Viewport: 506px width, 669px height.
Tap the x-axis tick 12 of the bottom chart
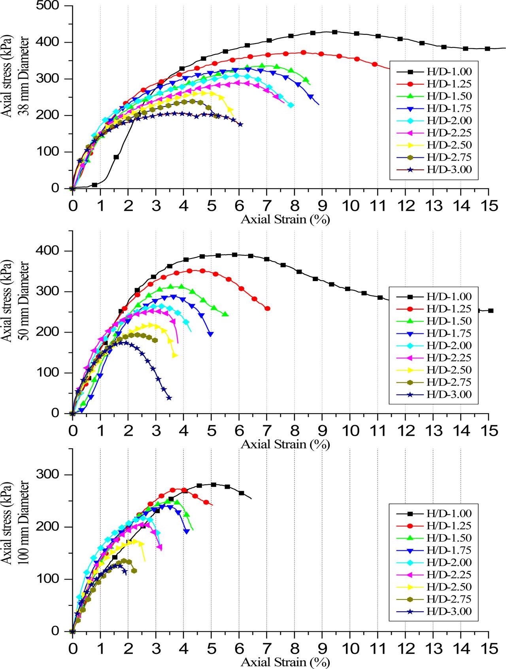(x=405, y=650)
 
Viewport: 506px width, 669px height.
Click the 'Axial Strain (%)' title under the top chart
(x=285, y=219)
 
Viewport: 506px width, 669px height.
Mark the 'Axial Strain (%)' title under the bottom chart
(x=285, y=662)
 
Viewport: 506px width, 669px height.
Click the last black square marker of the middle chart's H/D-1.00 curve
(x=491, y=311)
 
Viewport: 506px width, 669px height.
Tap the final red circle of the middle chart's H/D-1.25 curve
(x=268, y=308)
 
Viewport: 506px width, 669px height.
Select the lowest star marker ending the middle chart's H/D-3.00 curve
(x=169, y=398)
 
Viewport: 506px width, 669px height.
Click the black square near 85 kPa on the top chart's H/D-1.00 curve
(x=116, y=157)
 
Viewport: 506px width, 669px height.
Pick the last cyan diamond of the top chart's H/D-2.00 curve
(x=291, y=105)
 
